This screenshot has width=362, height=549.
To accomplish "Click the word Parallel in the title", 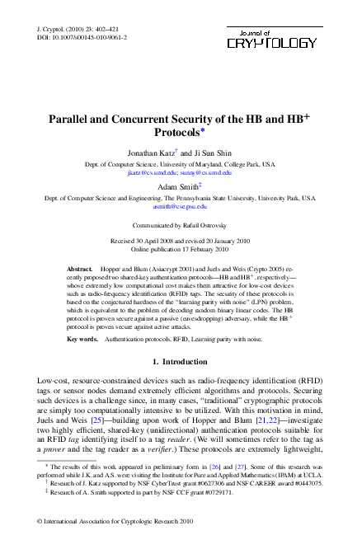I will (72, 120).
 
